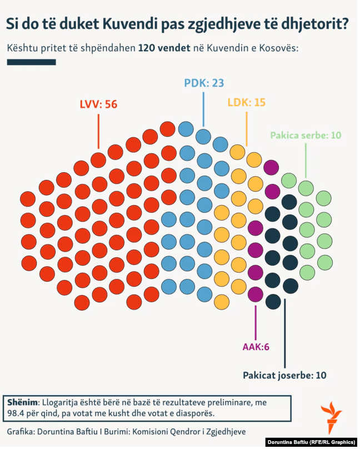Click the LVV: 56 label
(98, 104)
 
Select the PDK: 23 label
(204, 83)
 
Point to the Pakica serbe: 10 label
(306, 135)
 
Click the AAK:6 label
(256, 347)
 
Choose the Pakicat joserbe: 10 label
(284, 375)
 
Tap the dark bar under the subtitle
(31, 62)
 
